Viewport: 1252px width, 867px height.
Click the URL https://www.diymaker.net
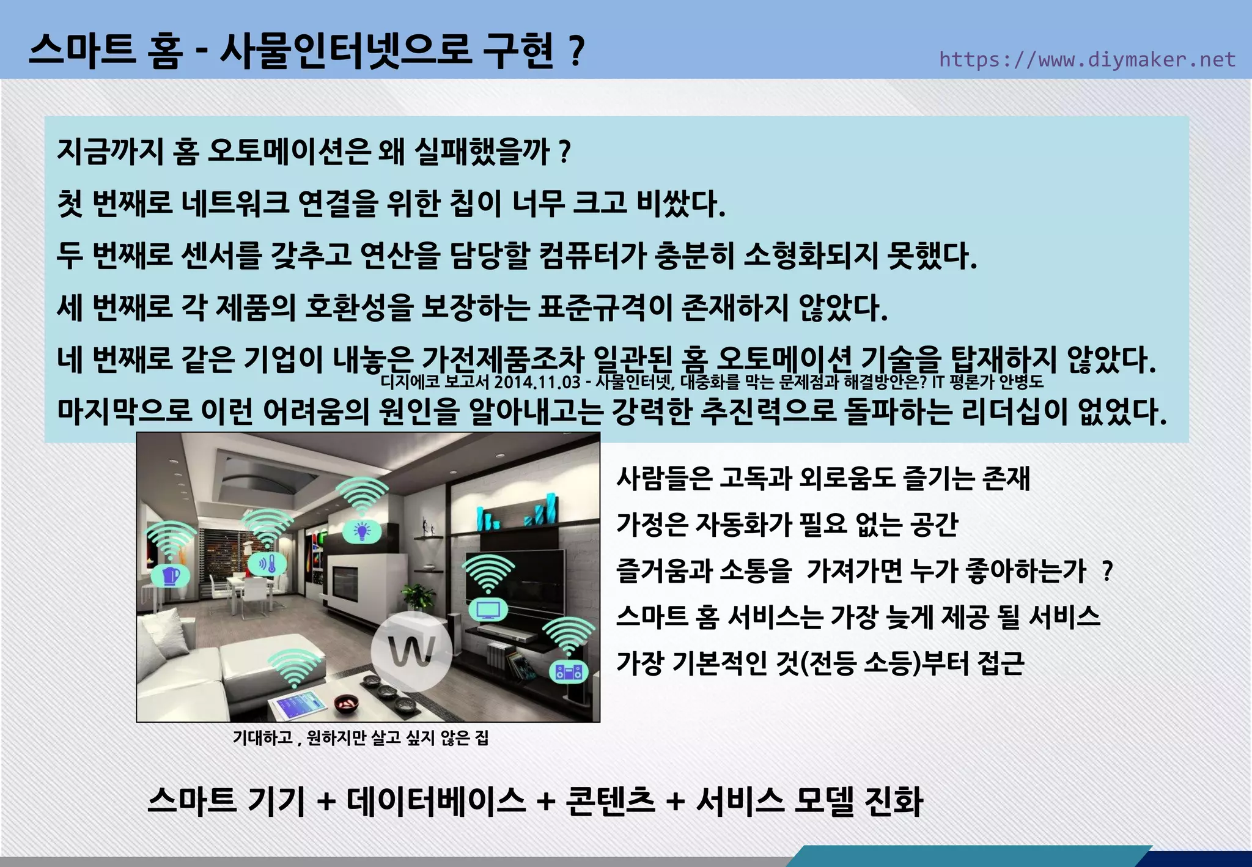[x=1087, y=59]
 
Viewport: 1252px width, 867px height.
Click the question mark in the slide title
[x=575, y=51]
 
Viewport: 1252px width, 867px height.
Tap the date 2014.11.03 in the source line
[x=537, y=383]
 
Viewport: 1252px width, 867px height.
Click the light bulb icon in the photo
[x=363, y=531]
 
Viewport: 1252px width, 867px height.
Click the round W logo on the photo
[x=411, y=651]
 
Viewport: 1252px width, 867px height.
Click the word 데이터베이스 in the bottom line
[x=436, y=801]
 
